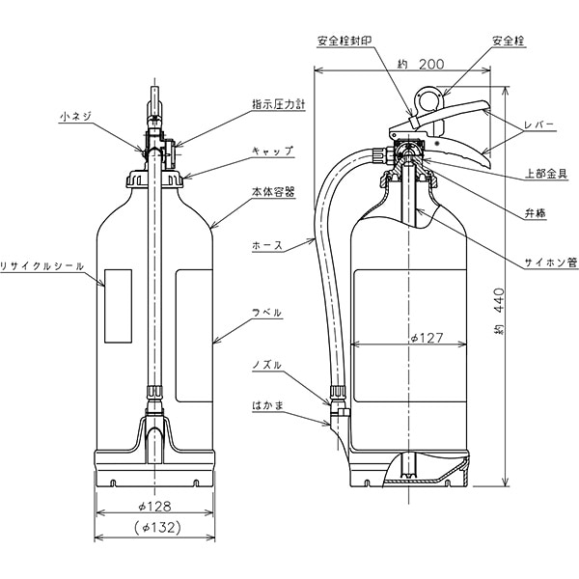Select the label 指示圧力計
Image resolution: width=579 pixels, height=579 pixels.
pyautogui.click(x=278, y=103)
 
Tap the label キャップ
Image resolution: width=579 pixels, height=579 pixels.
pyautogui.click(x=273, y=151)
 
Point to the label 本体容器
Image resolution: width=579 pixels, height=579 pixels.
pyautogui.click(x=273, y=192)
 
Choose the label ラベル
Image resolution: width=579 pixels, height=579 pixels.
pyautogui.click(x=266, y=313)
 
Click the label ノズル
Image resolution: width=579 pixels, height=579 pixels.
pyautogui.click(x=266, y=366)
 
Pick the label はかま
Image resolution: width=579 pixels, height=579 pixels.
pyautogui.click(x=264, y=406)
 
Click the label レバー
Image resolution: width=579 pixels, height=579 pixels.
pyautogui.click(x=538, y=125)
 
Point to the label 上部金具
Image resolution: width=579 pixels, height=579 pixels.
pyautogui.click(x=545, y=174)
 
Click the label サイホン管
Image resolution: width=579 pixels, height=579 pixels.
pyautogui.click(x=551, y=261)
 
